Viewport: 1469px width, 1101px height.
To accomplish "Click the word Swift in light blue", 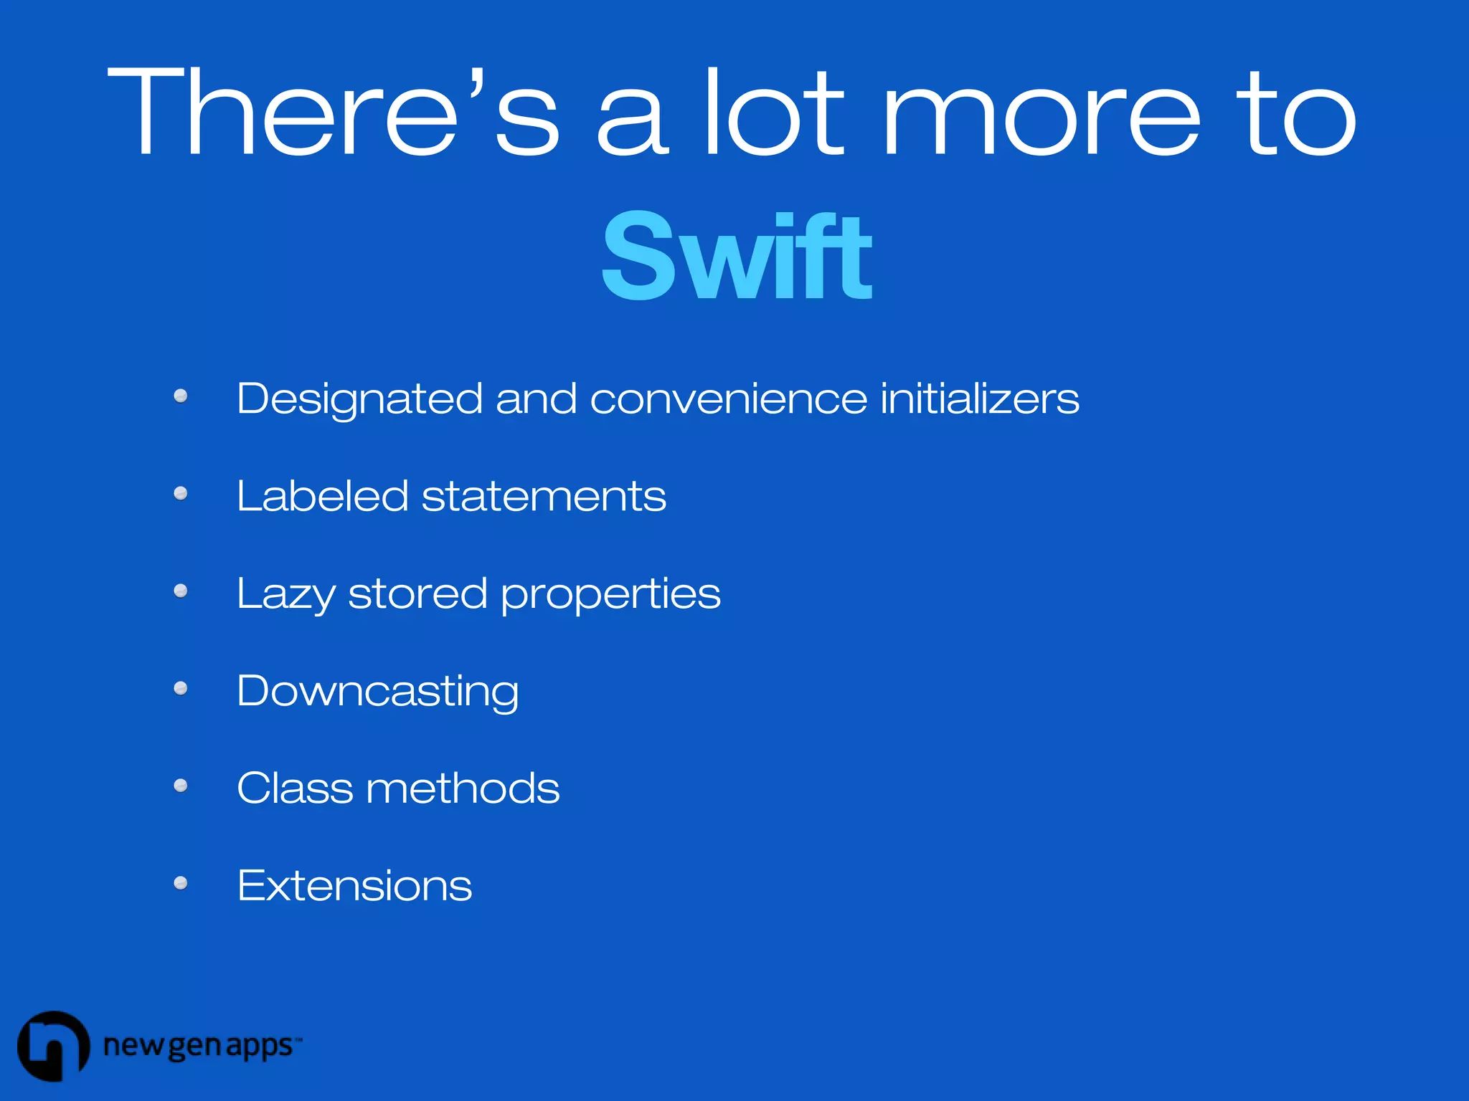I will click(x=737, y=257).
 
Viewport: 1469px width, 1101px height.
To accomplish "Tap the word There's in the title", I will click(x=333, y=111).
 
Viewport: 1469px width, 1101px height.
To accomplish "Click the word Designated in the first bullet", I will click(x=359, y=399).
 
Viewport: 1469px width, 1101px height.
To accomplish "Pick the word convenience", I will click(x=728, y=399).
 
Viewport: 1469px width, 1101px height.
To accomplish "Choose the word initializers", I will click(x=979, y=399).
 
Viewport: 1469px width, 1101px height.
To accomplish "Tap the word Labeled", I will click(x=322, y=496).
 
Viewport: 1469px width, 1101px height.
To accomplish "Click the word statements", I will click(x=544, y=496).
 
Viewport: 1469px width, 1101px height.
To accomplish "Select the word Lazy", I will click(x=285, y=594).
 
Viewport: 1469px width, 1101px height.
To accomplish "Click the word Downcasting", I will click(x=377, y=691).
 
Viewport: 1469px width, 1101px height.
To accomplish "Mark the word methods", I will click(x=463, y=788).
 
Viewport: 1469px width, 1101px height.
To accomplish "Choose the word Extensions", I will click(x=354, y=886).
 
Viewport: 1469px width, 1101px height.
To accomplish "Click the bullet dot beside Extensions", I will click(x=181, y=883).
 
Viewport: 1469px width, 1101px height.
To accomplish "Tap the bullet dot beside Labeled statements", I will click(x=181, y=493).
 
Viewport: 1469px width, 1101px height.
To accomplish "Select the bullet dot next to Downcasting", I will click(x=181, y=688).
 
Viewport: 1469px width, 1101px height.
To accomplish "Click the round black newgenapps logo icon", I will click(x=53, y=1046).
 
